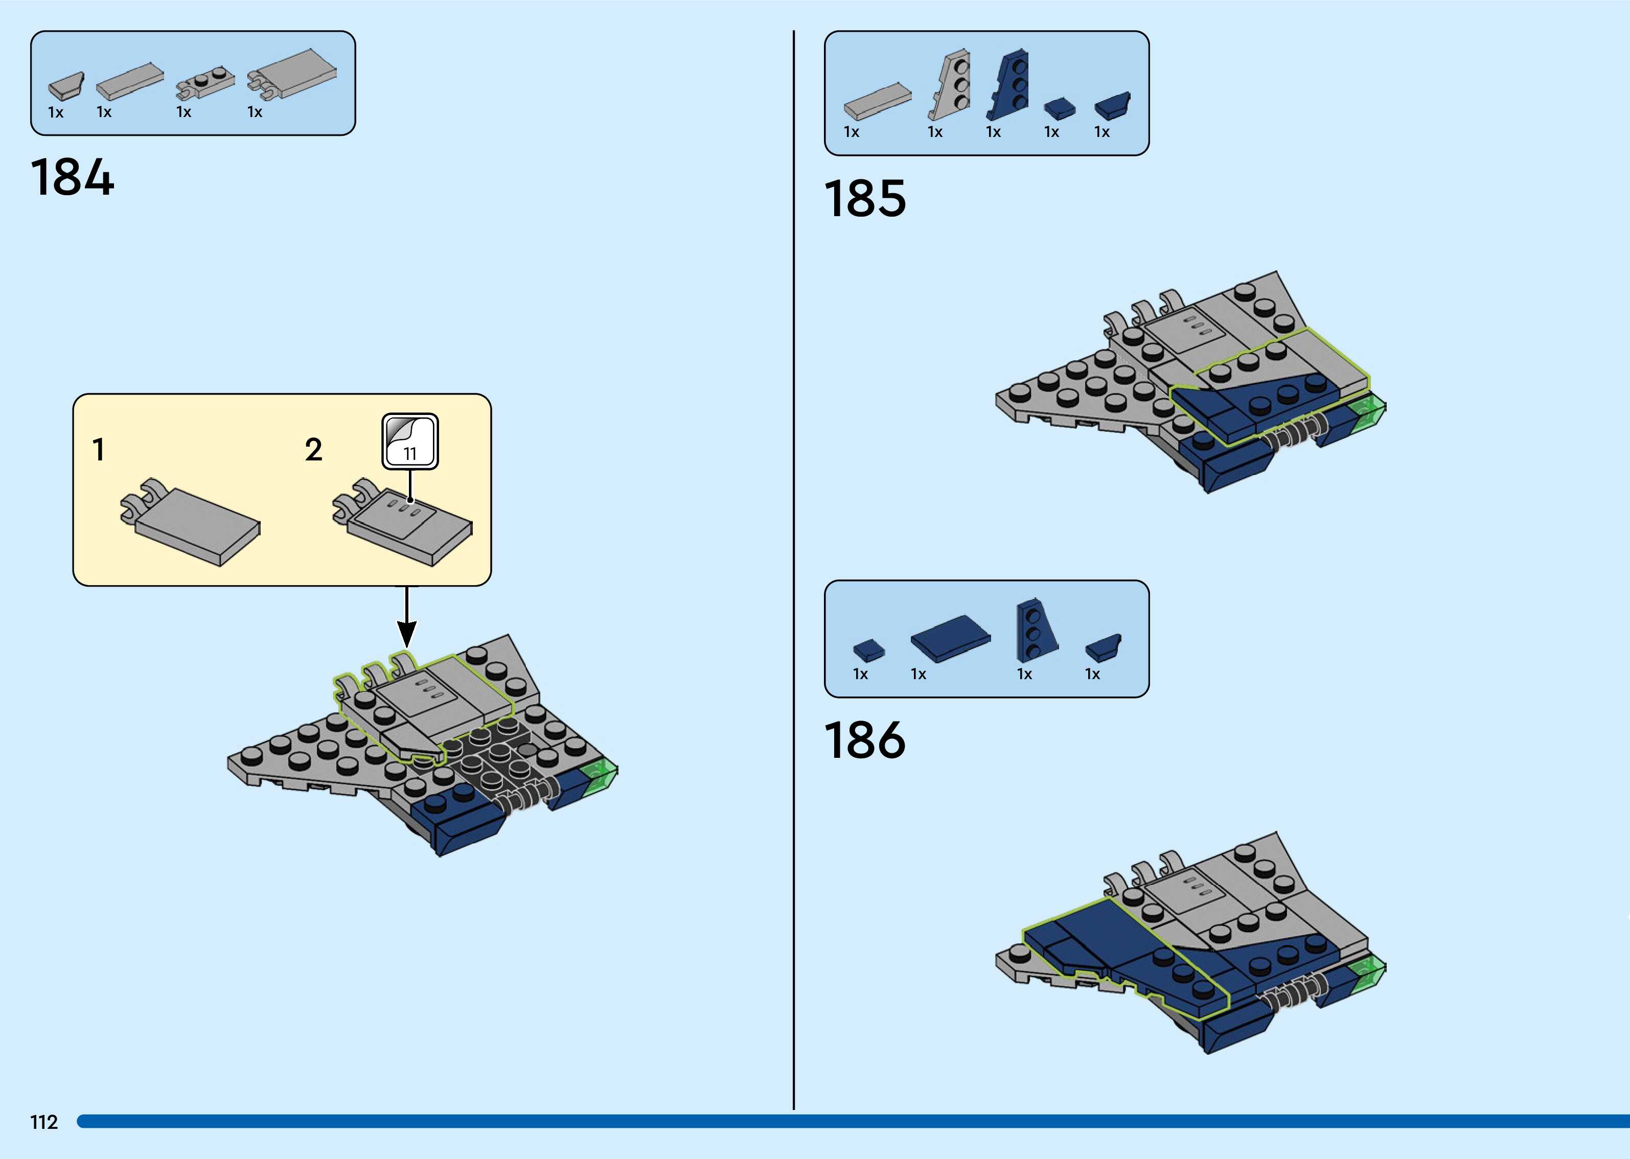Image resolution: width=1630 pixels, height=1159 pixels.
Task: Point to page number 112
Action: [43, 1122]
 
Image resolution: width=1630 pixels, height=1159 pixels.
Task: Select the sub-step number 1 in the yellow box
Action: [99, 450]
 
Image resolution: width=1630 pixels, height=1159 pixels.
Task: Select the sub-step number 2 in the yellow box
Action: [313, 450]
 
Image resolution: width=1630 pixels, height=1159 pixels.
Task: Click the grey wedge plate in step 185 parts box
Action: [950, 86]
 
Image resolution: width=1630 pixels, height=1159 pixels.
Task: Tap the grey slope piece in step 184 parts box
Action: [65, 86]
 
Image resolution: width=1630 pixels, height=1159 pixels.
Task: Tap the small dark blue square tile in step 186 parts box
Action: [868, 650]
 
